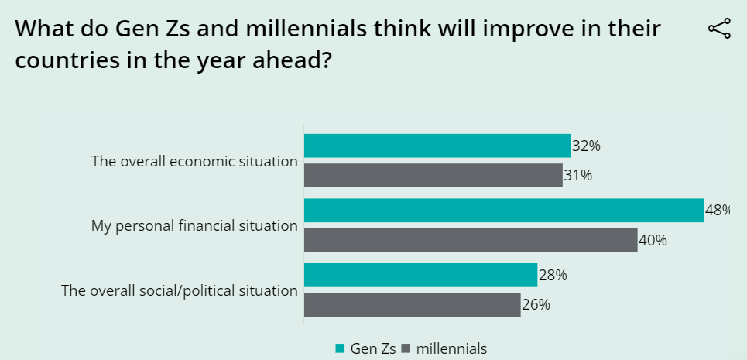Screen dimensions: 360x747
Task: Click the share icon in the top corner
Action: point(719,29)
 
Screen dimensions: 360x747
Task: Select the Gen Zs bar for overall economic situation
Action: point(437,146)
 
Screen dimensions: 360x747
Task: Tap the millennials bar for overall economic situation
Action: point(433,176)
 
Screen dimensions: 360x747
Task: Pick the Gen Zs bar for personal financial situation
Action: point(503,211)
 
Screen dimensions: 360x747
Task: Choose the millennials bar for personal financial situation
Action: point(470,240)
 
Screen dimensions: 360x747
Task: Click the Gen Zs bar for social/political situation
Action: point(420,275)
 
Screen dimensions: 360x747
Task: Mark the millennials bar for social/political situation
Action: point(412,304)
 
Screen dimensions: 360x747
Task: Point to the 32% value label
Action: point(586,146)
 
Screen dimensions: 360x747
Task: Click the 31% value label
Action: point(577,176)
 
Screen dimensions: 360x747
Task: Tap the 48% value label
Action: point(717,211)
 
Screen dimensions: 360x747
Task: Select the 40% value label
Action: point(653,240)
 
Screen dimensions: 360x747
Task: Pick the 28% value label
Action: point(553,275)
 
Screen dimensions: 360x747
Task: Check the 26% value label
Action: point(536,304)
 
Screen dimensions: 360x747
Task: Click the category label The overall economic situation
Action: point(194,162)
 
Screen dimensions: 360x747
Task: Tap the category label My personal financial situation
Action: point(194,226)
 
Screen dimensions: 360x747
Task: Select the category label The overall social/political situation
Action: point(180,291)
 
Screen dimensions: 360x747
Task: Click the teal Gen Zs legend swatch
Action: point(340,349)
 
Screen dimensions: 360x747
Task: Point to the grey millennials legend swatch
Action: point(406,349)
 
